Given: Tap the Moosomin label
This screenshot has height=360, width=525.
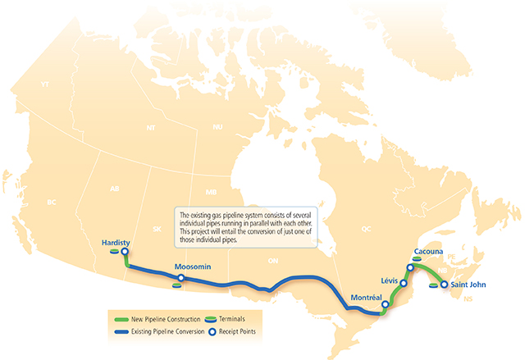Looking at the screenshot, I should pyautogui.click(x=194, y=268).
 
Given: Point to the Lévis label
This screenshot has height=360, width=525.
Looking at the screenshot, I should pyautogui.click(x=390, y=280).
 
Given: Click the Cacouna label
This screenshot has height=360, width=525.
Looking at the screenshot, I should pyautogui.click(x=431, y=250).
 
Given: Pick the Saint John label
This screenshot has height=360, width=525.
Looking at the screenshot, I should pyautogui.click(x=470, y=285).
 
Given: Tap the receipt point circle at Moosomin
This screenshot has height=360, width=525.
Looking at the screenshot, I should pyautogui.click(x=181, y=279).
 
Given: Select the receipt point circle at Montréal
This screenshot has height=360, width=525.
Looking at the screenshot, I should pyautogui.click(x=385, y=303).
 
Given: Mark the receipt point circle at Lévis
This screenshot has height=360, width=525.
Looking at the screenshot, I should pyautogui.click(x=404, y=284).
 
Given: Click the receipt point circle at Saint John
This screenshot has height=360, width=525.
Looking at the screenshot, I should pyautogui.click(x=444, y=285).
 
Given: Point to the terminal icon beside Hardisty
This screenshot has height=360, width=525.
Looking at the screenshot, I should pyautogui.click(x=112, y=253).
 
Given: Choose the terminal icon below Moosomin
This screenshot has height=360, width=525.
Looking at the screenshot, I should pyautogui.click(x=177, y=288).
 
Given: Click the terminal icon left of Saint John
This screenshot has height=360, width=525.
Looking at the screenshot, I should pyautogui.click(x=433, y=285).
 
